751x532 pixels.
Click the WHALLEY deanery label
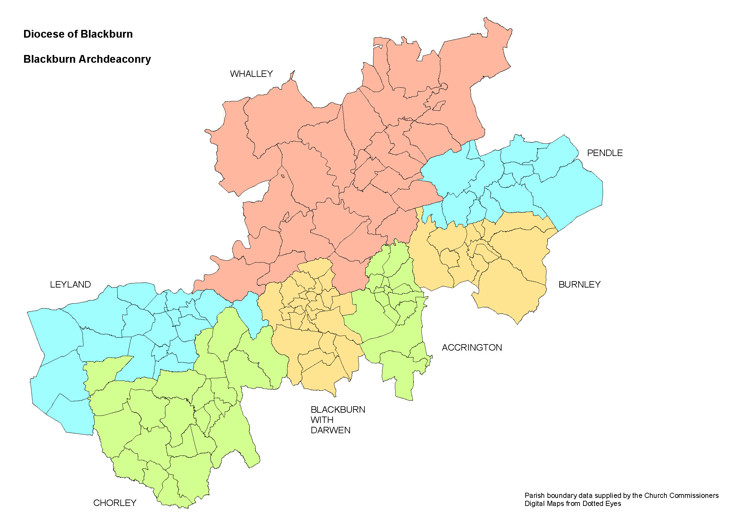251,74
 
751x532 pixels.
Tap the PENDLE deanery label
605,153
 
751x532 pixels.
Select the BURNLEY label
579,284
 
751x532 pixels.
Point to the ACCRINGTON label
472,348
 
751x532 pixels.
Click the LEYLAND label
70,284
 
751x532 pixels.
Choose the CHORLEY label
115,503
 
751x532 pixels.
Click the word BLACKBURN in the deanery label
337,409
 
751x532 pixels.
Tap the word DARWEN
330,430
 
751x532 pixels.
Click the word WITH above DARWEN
322,420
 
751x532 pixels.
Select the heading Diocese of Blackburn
78,34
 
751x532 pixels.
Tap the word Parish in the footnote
534,495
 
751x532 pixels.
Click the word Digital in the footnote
534,503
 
